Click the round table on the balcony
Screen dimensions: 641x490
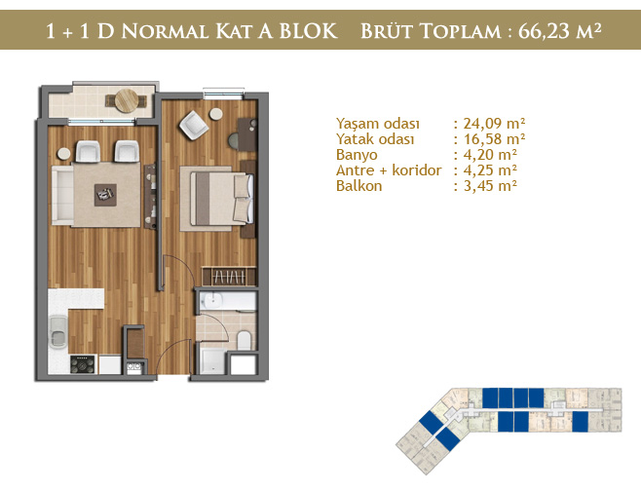pos(127,100)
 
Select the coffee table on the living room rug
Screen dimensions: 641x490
pos(105,195)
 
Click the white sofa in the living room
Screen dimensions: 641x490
pos(62,197)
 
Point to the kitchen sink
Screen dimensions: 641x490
pos(58,332)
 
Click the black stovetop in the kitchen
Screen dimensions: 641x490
pos(83,364)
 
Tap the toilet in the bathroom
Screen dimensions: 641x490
pos(245,340)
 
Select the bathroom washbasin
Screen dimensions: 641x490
pos(211,301)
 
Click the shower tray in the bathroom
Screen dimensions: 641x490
pos(212,360)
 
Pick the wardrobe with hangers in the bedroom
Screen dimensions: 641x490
pos(229,277)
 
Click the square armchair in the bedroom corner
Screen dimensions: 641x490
pos(194,125)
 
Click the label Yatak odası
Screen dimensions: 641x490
pos(375,139)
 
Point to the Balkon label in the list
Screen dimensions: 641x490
pos(358,186)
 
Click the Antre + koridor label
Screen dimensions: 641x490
pos(389,170)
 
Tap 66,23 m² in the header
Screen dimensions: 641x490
pos(560,31)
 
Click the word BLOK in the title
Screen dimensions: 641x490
pos(308,31)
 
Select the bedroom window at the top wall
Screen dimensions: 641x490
pos(223,94)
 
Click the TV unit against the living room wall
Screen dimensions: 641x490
pos(150,196)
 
